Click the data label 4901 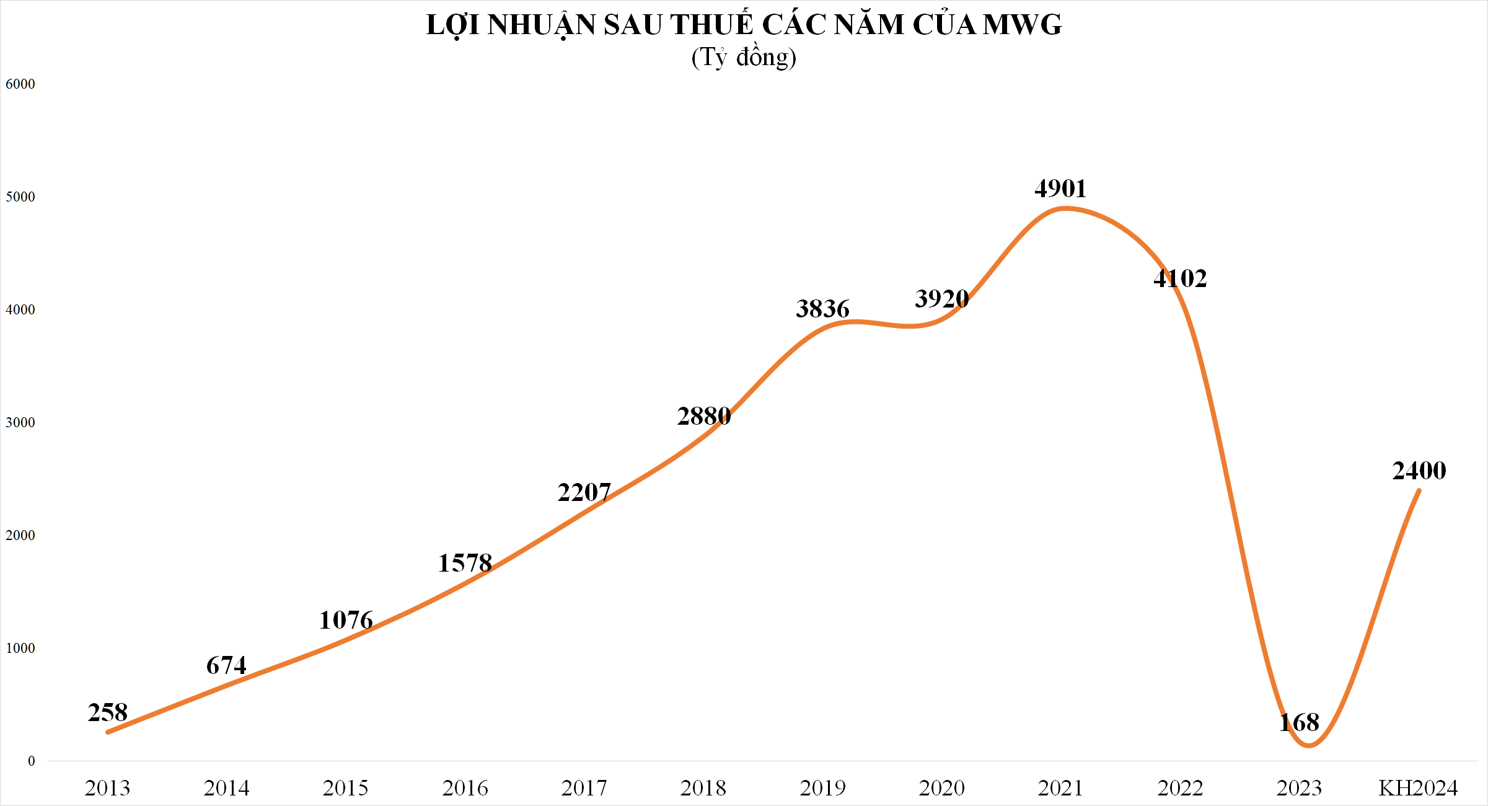[1060, 188]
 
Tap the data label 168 [1300, 722]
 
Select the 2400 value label [1419, 471]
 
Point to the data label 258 [108, 712]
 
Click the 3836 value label [822, 309]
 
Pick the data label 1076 [346, 620]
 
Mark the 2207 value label [584, 492]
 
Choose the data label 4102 [1180, 278]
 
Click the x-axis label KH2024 [1418, 788]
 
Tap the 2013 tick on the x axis [108, 788]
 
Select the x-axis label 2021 [1060, 788]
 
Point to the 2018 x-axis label [703, 788]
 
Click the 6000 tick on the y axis [20, 84]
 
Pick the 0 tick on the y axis [32, 761]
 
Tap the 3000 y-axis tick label [20, 422]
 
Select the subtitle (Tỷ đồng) [744, 58]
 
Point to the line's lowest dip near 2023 [1308, 745]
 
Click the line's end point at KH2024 [1419, 491]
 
